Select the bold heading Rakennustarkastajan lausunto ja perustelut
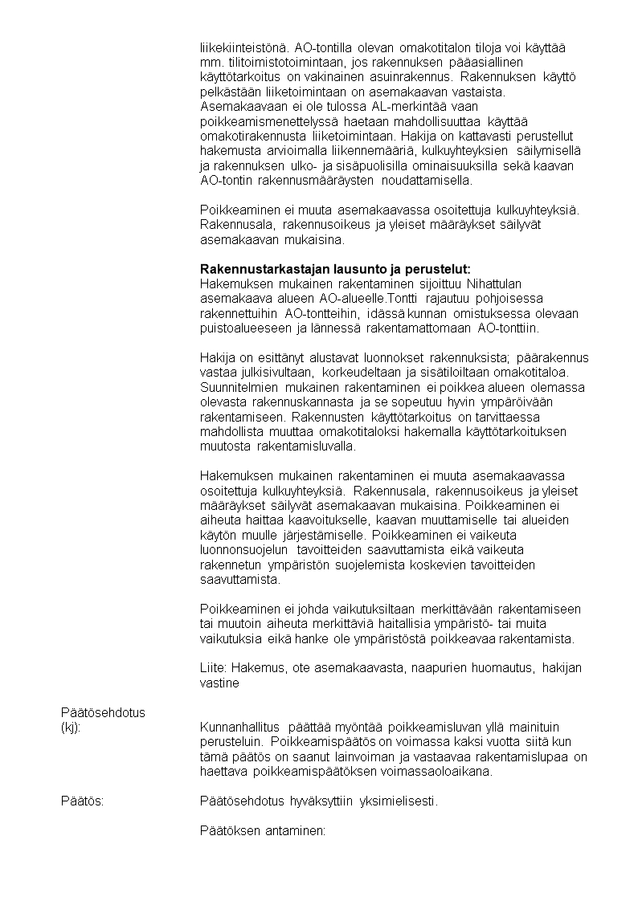(x=334, y=268)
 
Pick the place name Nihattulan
(x=521, y=283)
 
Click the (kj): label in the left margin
(x=72, y=727)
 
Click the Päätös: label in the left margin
(x=82, y=801)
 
